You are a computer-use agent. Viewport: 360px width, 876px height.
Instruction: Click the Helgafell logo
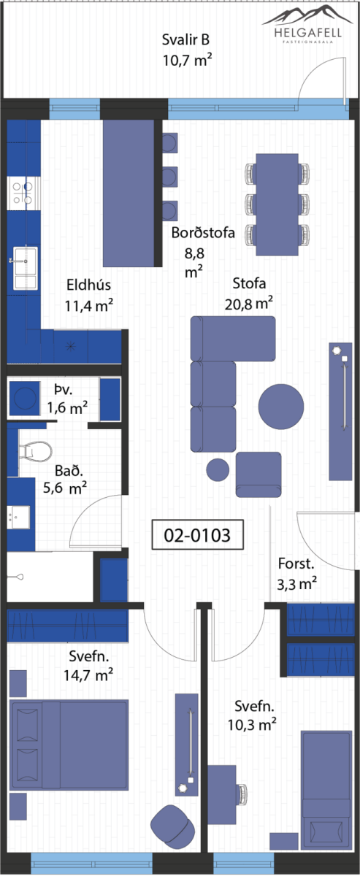coord(307,24)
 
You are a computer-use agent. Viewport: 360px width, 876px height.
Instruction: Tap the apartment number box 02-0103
coord(197,534)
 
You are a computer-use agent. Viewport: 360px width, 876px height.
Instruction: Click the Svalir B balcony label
coord(186,39)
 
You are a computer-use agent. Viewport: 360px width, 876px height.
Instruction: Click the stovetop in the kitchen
coord(23,193)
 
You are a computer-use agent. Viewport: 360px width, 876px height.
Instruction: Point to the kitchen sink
coord(25,269)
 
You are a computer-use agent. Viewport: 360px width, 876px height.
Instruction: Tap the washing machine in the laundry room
coord(24,398)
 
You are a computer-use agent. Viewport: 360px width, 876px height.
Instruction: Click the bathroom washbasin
coord(18,518)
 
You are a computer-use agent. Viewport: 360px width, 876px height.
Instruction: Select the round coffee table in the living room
coord(281,407)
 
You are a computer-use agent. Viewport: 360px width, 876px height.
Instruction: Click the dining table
coord(277,204)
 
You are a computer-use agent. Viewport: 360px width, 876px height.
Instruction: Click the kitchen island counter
coord(129,193)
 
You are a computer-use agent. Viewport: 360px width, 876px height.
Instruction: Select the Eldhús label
coord(88,284)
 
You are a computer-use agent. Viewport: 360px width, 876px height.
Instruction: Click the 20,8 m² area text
coord(248,304)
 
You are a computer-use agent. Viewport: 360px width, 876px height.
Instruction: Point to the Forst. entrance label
coord(296,564)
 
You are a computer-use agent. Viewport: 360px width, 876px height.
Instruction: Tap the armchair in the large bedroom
coord(172,824)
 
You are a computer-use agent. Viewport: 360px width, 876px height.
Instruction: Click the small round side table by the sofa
coord(218,469)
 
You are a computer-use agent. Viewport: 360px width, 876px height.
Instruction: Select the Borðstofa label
coord(203,233)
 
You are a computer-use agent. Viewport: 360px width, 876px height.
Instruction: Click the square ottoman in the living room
coord(258,474)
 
